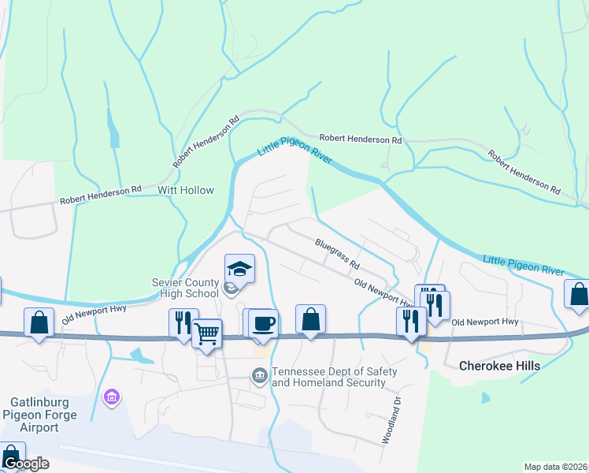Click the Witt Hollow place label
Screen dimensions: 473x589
pyautogui.click(x=186, y=190)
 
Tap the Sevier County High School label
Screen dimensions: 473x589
pyautogui.click(x=186, y=289)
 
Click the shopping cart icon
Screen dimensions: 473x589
pyautogui.click(x=207, y=333)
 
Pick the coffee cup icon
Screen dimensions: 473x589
pyautogui.click(x=264, y=322)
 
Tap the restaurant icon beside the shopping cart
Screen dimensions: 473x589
pyautogui.click(x=181, y=322)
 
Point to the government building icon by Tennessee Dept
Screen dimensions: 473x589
pyautogui.click(x=258, y=377)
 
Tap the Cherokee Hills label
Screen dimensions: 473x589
pyautogui.click(x=495, y=366)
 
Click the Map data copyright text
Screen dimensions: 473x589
pyautogui.click(x=555, y=467)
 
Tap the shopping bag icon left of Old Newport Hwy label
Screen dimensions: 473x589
pyautogui.click(x=39, y=322)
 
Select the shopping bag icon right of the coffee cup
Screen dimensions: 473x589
pyautogui.click(x=311, y=318)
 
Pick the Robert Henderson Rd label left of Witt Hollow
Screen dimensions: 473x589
pyautogui.click(x=101, y=196)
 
